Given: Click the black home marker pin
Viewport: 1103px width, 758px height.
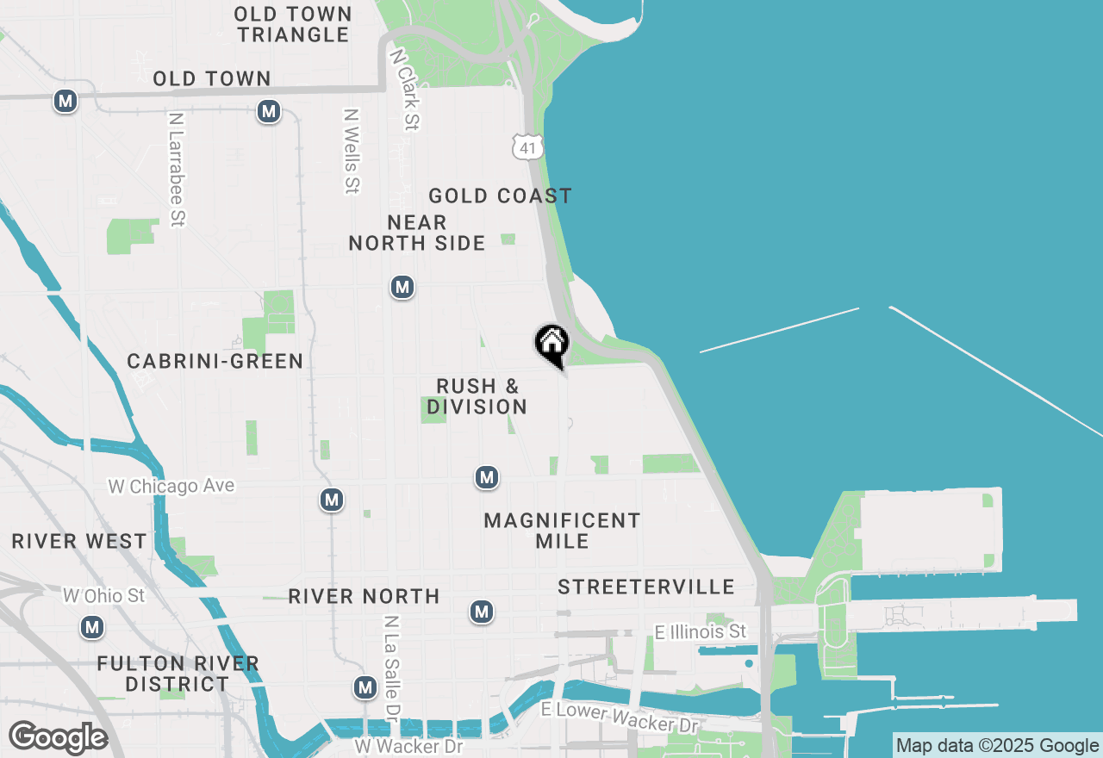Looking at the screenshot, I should click(x=552, y=344).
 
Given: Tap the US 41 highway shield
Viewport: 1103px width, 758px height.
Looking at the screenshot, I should click(x=527, y=146).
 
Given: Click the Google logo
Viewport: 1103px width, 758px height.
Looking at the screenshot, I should click(x=58, y=737).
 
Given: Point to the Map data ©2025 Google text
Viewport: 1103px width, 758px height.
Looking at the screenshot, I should click(x=997, y=746).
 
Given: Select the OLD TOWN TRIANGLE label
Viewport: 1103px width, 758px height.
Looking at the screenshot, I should click(x=293, y=24).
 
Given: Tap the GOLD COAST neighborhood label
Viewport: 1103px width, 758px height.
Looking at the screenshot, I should click(x=500, y=196).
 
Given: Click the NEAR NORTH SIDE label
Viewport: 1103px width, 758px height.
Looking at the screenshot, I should click(x=417, y=233).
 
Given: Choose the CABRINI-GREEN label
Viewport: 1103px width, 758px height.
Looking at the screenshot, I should click(x=215, y=362).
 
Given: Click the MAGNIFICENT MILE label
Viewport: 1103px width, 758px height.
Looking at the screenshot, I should click(x=562, y=531).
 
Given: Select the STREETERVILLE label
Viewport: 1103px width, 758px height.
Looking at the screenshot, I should click(x=646, y=587).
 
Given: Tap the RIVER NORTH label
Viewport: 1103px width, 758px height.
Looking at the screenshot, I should click(x=364, y=596).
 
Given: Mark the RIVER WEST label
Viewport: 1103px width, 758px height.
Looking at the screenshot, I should click(x=79, y=542).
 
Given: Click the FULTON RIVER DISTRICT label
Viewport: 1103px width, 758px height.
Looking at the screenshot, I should click(x=178, y=674).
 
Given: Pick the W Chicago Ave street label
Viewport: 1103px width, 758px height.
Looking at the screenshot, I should click(x=171, y=486).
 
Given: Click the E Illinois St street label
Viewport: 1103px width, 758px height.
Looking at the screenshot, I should click(x=701, y=632).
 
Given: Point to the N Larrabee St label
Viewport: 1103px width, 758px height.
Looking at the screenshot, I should click(x=177, y=169).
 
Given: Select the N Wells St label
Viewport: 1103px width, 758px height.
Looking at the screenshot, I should click(x=351, y=150).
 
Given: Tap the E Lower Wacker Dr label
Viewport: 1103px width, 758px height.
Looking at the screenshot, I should click(x=619, y=717).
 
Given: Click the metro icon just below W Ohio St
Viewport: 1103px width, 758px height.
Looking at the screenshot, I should click(x=93, y=627).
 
